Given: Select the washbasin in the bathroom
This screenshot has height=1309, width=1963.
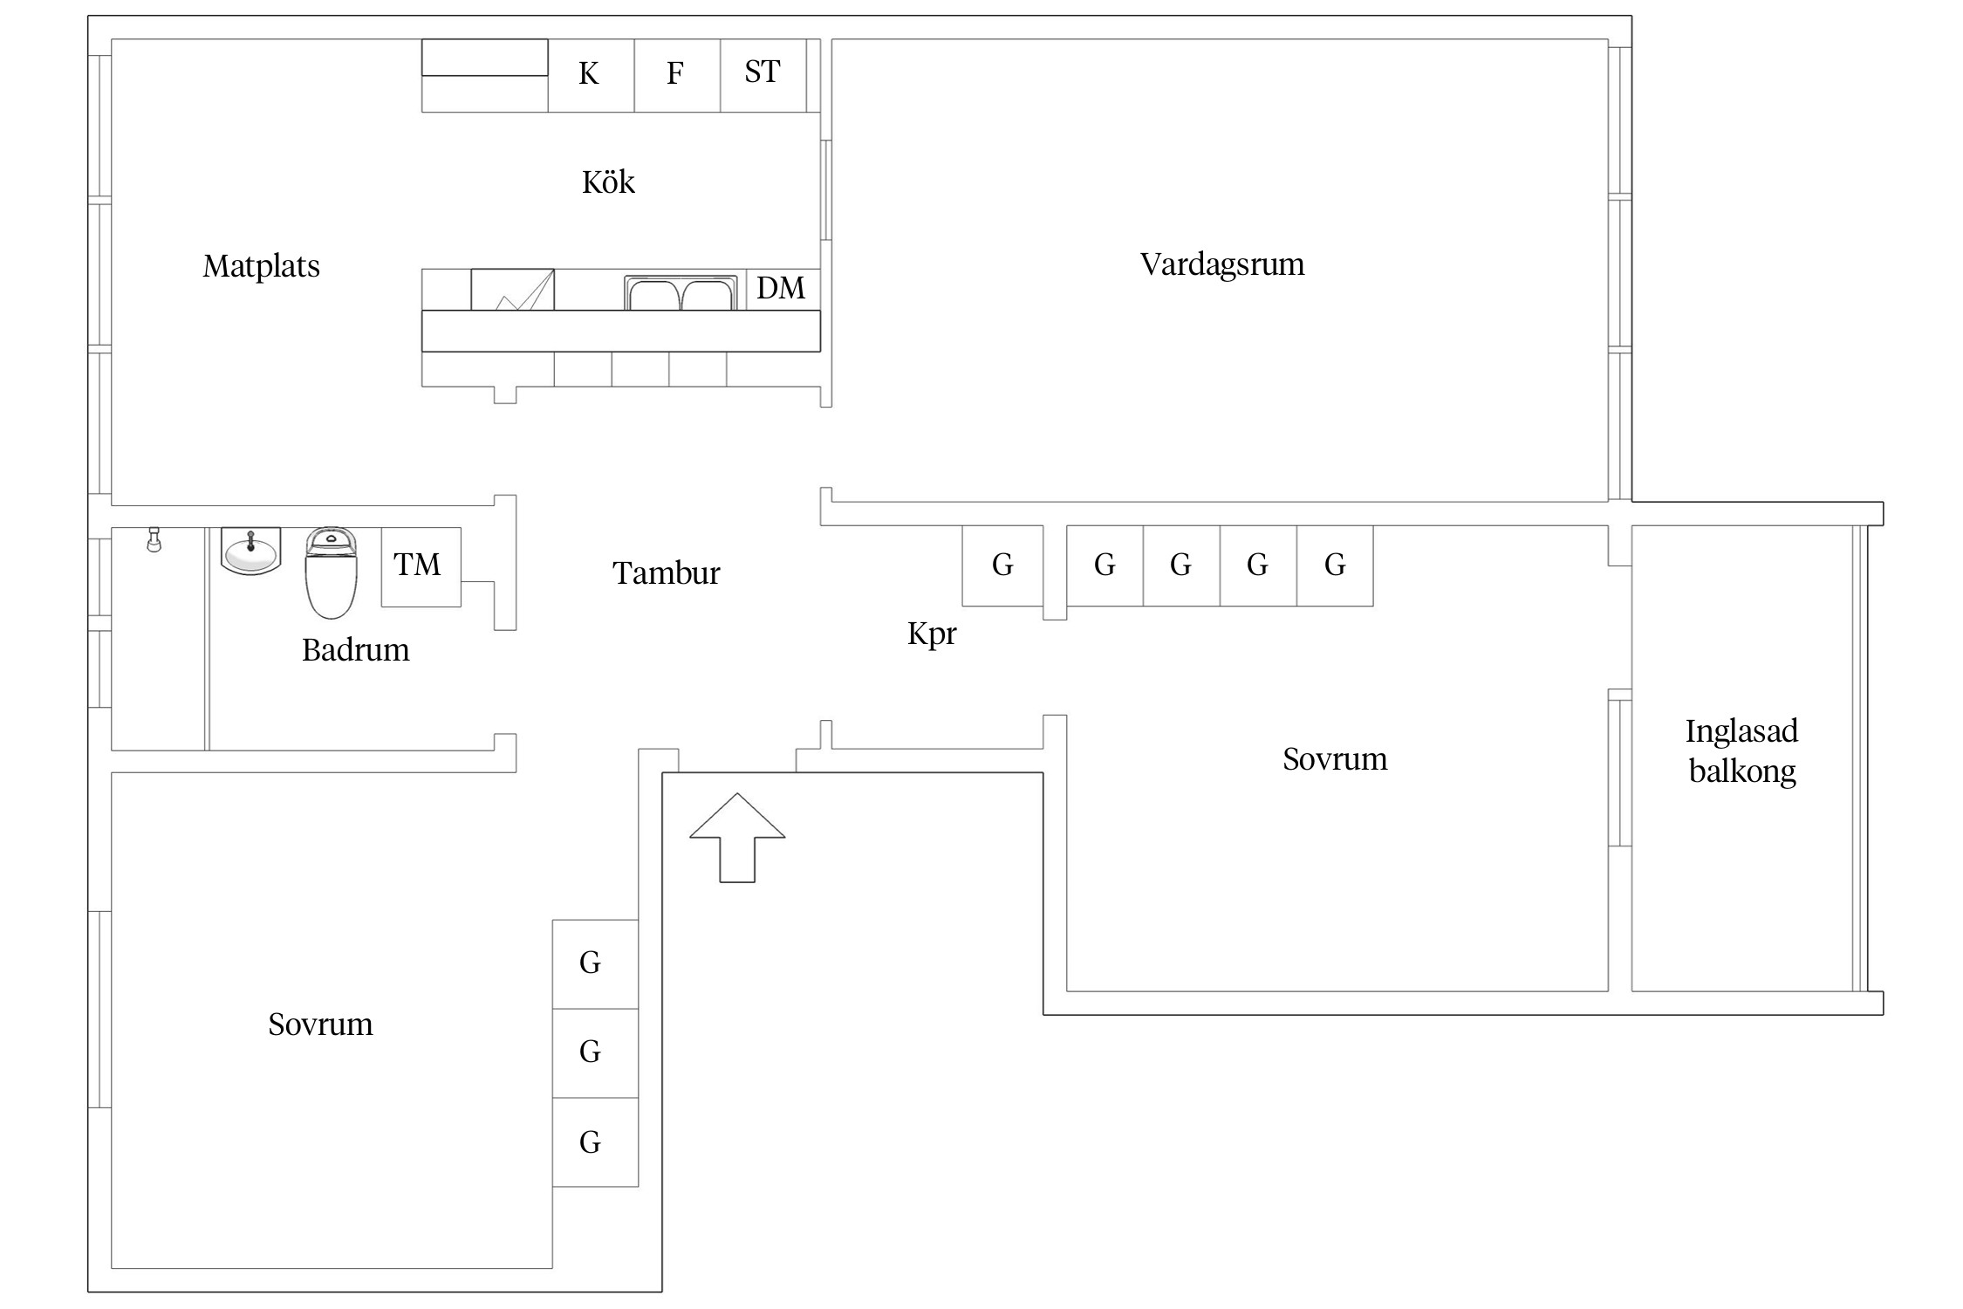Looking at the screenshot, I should pos(250,551).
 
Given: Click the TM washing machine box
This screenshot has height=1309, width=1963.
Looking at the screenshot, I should pos(421,565).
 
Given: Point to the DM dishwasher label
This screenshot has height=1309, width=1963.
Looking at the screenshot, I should pos(781,289).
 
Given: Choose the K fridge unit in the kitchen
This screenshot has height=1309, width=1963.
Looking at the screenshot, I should pos(590,75).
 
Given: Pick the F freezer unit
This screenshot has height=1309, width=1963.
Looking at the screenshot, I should pos(676,75).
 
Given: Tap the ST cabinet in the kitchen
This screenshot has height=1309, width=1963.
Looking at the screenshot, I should pos(763,73).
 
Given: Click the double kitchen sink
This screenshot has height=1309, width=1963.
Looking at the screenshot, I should pos(681,293).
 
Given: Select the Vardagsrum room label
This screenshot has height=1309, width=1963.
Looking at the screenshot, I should pos(1221,264).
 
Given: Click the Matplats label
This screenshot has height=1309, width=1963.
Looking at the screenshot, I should pos(261,266).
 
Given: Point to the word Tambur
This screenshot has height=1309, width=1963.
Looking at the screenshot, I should pos(666,573).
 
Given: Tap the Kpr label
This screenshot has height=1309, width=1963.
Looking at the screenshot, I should pos(931,634).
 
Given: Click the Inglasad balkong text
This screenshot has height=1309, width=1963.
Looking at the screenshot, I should pos(1741,750).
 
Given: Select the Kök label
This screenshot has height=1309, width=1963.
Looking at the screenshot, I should pos(608,182).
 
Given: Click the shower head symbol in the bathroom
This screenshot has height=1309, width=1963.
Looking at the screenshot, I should pos(154,539).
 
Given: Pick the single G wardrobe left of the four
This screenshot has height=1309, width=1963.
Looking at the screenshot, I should pos(1002,565).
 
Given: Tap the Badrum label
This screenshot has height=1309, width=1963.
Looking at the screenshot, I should pos(355,650).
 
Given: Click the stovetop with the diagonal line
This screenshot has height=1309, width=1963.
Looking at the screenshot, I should pos(512,290).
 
